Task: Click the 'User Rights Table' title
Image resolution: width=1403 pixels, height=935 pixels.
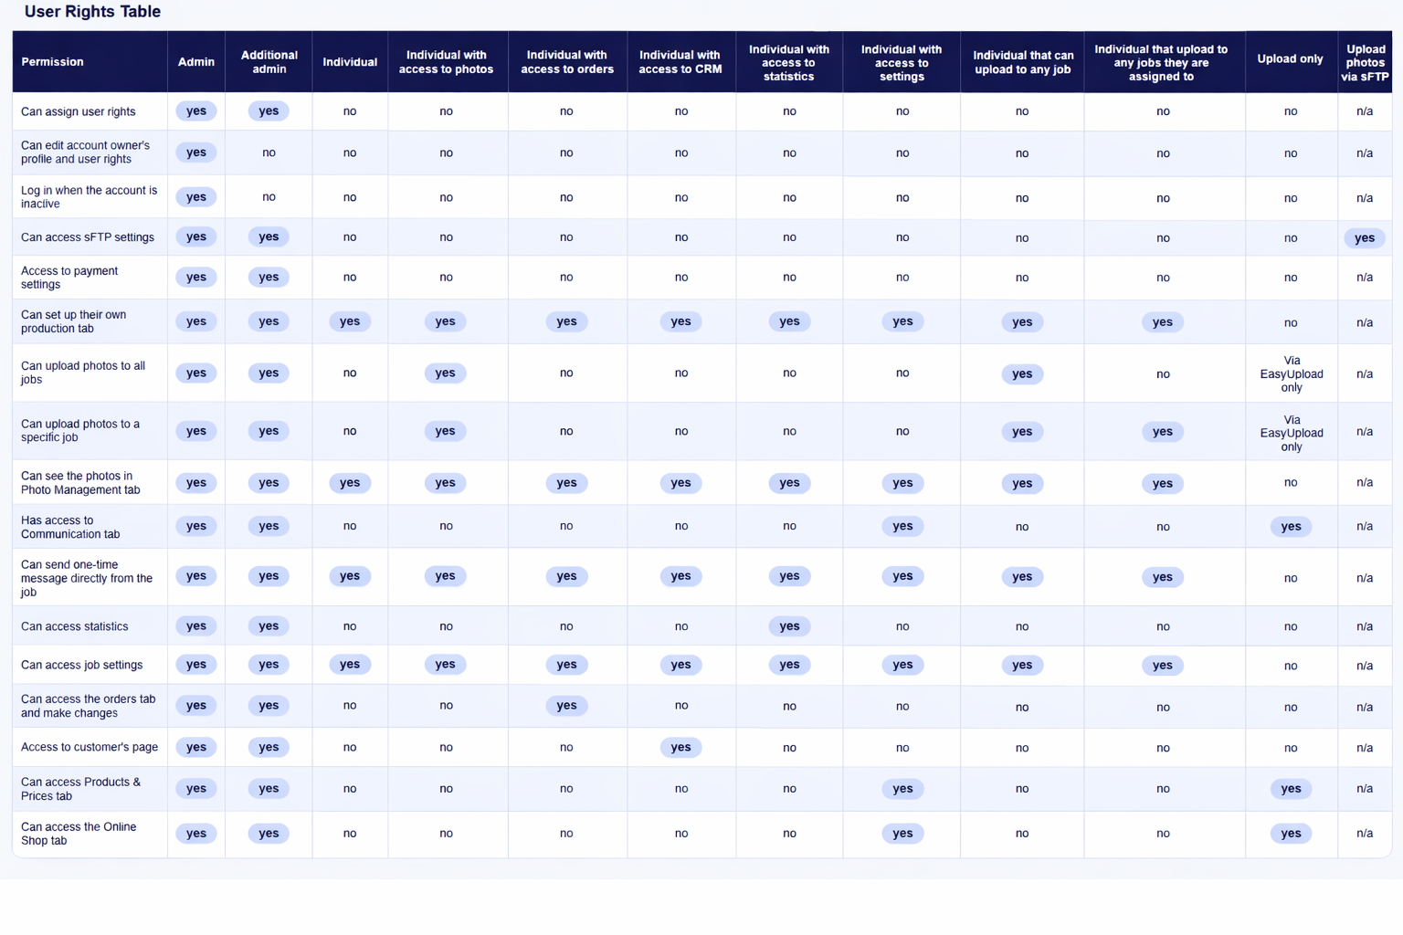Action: tap(92, 12)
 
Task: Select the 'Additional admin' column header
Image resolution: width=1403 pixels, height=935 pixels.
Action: tap(269, 62)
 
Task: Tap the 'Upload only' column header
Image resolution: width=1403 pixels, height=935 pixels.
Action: tap(1290, 59)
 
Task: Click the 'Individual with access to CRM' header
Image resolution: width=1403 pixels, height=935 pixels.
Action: tap(680, 62)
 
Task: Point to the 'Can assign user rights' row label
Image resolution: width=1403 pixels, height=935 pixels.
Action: tap(78, 111)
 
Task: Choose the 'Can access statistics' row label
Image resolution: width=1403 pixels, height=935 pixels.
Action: tap(74, 626)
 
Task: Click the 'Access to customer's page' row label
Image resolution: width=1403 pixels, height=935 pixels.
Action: tap(89, 747)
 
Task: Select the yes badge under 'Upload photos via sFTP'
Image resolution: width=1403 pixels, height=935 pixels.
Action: tap(1364, 238)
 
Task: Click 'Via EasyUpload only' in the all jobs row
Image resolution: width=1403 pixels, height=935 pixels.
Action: tap(1291, 374)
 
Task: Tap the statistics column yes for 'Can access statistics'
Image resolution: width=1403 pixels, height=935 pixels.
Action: tap(789, 626)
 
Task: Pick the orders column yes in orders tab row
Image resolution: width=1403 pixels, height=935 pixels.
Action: tap(566, 706)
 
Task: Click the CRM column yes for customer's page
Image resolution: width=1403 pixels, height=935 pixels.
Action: tap(680, 748)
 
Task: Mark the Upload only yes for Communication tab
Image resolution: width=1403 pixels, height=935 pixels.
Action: tap(1290, 527)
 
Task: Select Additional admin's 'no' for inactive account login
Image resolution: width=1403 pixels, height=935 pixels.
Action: tap(269, 197)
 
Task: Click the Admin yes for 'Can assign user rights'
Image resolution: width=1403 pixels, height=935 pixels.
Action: tap(196, 111)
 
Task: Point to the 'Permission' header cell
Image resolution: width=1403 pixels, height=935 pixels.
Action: tap(52, 62)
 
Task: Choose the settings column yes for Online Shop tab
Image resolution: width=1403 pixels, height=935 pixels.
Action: tap(902, 834)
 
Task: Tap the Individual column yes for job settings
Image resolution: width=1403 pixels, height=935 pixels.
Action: tap(350, 665)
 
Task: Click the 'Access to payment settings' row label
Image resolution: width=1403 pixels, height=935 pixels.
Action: tap(69, 278)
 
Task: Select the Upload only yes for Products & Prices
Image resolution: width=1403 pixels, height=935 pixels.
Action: tap(1290, 789)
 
